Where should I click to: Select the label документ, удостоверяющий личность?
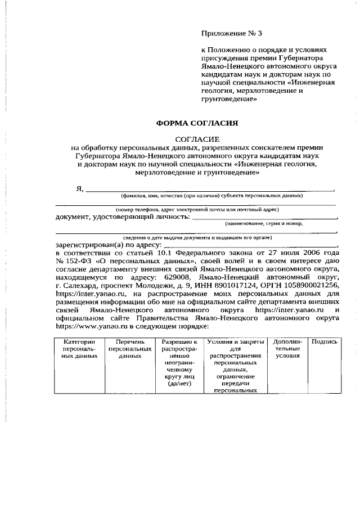tap(123, 217)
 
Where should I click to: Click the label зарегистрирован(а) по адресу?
tap(109, 245)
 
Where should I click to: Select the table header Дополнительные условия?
tap(287, 348)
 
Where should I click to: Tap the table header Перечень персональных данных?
tap(130, 348)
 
